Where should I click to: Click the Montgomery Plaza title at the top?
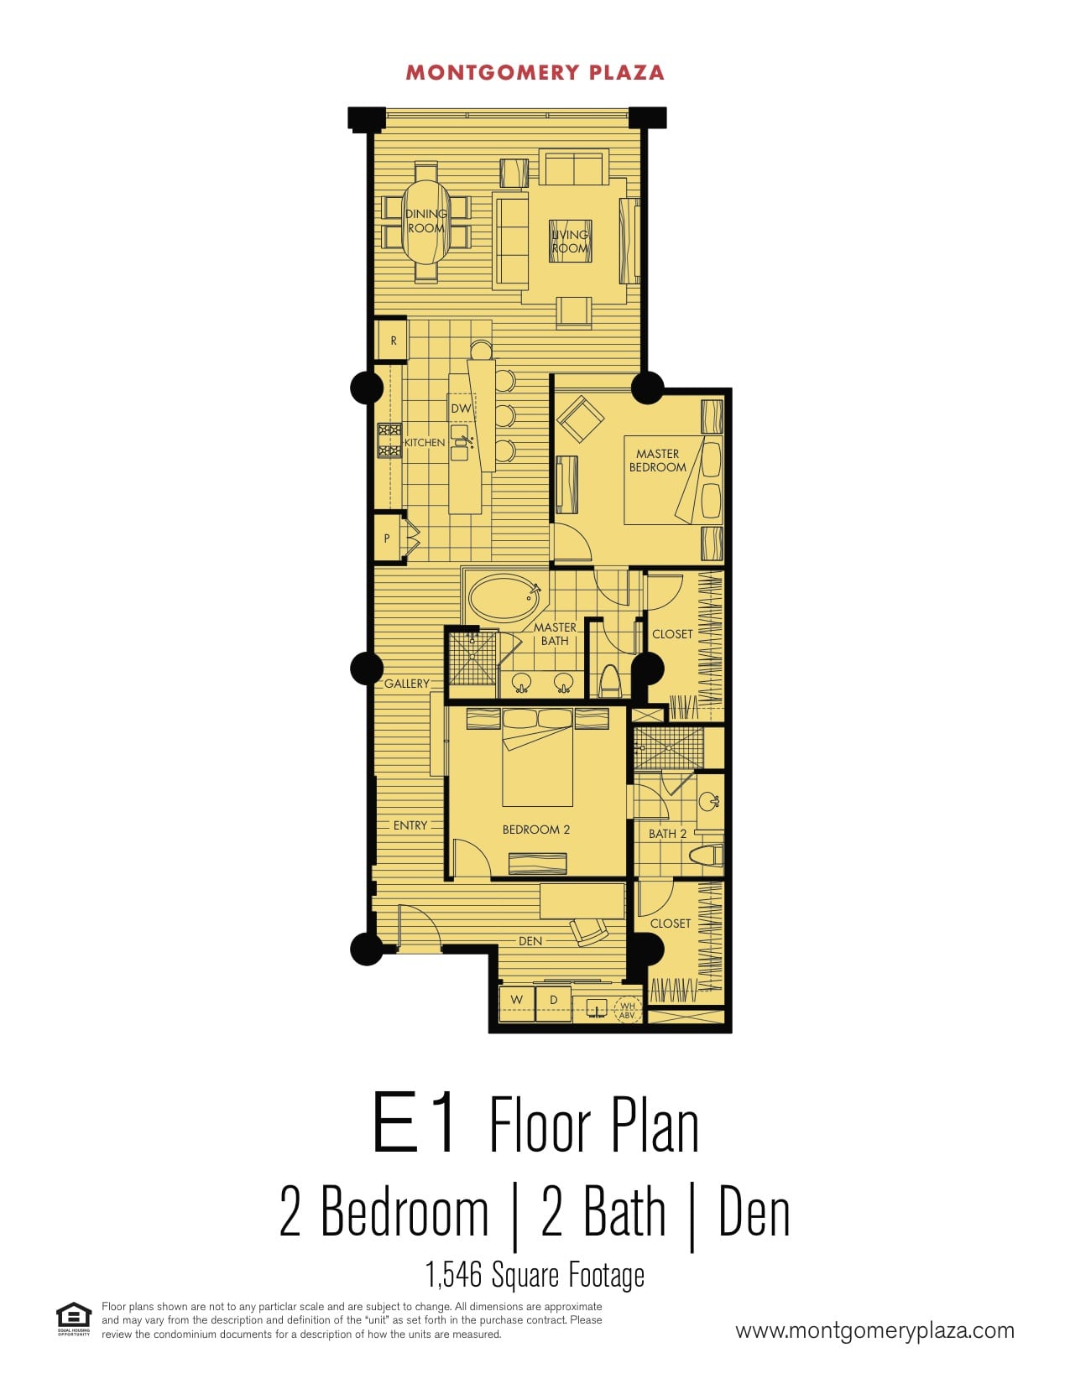(535, 73)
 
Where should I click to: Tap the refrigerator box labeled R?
(391, 340)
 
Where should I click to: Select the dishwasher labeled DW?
(461, 408)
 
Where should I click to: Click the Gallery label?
(406, 684)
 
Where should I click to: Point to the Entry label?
(410, 825)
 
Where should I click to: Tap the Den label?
(530, 941)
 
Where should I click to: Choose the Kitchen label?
(425, 442)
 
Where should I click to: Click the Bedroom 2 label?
(536, 830)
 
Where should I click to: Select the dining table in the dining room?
(425, 221)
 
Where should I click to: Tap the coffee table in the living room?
(571, 242)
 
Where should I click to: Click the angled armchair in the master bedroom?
(580, 419)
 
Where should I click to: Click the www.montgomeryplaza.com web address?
(874, 1330)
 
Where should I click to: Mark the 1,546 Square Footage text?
(535, 1275)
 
